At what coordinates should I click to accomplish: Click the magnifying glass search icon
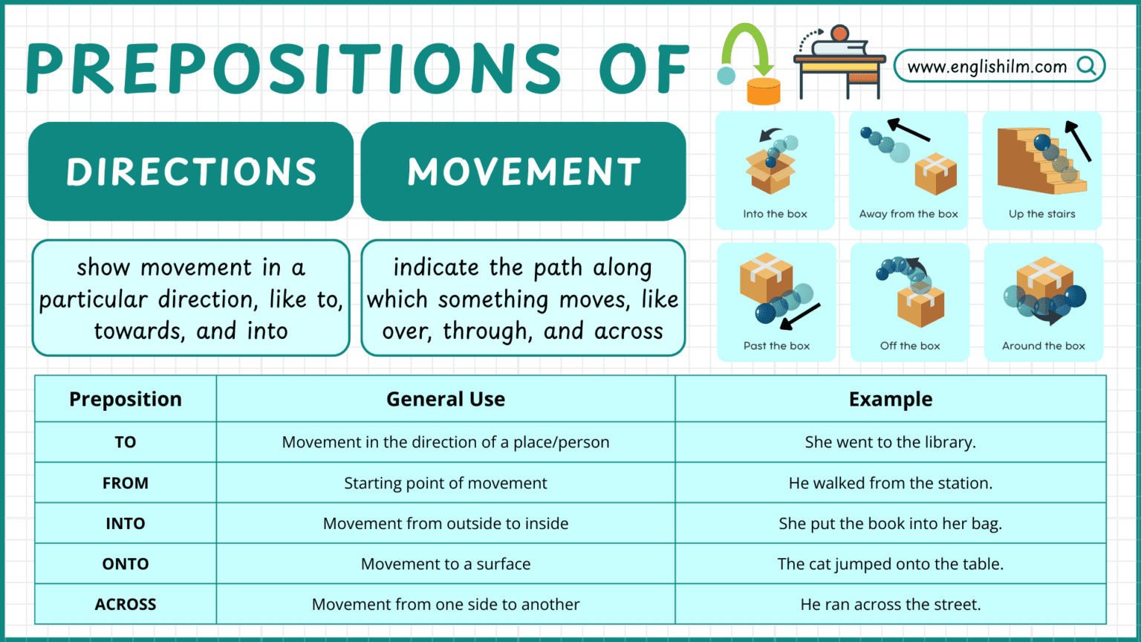(x=1087, y=66)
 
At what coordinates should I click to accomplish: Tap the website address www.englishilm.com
(x=986, y=67)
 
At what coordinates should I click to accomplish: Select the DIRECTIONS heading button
(x=191, y=172)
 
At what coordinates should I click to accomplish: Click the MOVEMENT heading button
(x=524, y=172)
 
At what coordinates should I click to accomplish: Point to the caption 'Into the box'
(x=775, y=214)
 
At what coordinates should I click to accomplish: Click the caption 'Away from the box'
(x=908, y=214)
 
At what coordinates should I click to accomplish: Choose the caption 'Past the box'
(x=776, y=346)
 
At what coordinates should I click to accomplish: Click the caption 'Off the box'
(x=910, y=346)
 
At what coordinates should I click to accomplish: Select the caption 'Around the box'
(x=1043, y=346)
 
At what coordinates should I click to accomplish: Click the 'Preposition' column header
(x=126, y=399)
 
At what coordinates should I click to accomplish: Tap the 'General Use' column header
(x=446, y=399)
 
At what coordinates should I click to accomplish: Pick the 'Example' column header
(x=890, y=399)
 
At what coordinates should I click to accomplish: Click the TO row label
(x=126, y=442)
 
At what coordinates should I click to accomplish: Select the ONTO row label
(x=126, y=564)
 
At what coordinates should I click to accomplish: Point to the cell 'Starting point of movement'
(x=446, y=483)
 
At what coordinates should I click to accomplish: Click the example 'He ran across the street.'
(x=890, y=604)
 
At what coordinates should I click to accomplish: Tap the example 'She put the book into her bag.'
(x=890, y=523)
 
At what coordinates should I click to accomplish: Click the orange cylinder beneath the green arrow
(x=763, y=91)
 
